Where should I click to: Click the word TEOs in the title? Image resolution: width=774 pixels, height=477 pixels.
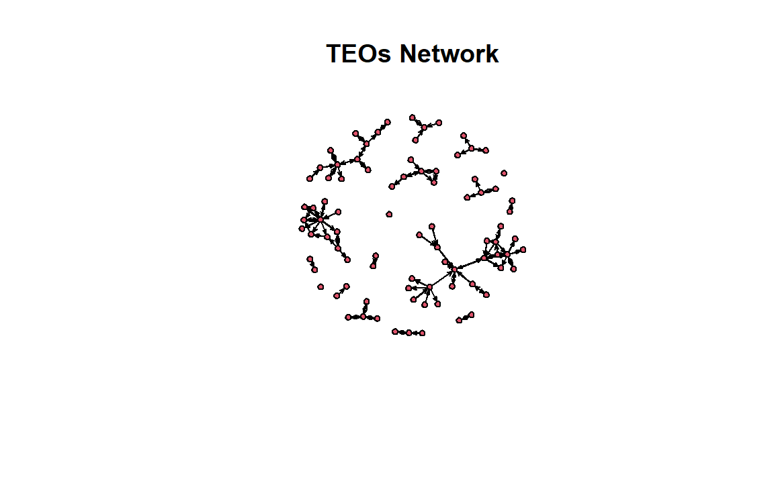[x=359, y=53]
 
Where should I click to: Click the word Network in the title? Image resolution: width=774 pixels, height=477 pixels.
[x=449, y=53]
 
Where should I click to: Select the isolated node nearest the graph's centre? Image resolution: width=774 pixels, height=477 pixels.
[x=389, y=214]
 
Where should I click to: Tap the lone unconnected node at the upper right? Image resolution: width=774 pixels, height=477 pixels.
[x=503, y=173]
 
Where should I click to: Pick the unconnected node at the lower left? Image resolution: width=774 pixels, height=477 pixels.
[x=320, y=286]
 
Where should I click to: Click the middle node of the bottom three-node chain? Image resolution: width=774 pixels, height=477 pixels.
[x=408, y=333]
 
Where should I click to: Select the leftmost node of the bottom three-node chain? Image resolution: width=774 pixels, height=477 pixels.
[x=395, y=331]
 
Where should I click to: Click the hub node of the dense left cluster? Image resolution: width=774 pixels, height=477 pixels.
[x=320, y=219]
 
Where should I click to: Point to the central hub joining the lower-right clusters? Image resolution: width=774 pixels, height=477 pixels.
[x=455, y=269]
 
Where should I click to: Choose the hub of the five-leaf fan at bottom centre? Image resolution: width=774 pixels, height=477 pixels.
[x=429, y=286]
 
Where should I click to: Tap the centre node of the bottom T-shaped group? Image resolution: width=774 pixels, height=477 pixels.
[x=363, y=317]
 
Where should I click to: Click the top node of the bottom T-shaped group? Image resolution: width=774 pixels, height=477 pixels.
[x=366, y=301]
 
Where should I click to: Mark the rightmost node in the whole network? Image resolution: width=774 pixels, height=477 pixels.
[x=523, y=250]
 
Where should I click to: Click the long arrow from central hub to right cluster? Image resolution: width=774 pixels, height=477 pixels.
[x=469, y=264]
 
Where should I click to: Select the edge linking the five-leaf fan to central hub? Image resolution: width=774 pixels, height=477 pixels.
[x=442, y=278]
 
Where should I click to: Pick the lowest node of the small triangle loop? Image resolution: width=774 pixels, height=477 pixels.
[x=434, y=183]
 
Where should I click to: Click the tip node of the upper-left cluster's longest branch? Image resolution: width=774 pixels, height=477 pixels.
[x=388, y=121]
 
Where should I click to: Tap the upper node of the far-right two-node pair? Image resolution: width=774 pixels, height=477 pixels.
[x=512, y=201]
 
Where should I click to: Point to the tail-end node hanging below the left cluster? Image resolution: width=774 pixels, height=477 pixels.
[x=347, y=260]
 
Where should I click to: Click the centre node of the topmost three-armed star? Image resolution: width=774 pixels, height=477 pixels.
[x=424, y=127]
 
